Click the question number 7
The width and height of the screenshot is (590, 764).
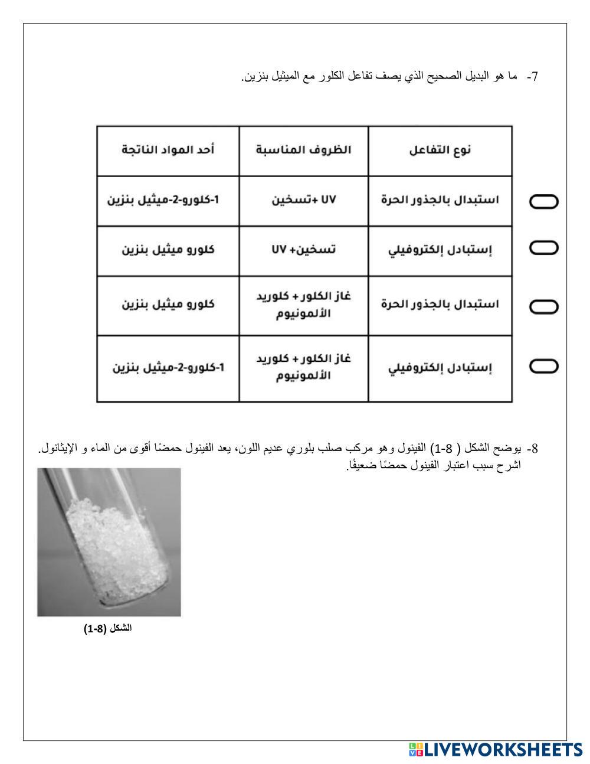[533, 77]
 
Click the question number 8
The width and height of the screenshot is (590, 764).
[533, 449]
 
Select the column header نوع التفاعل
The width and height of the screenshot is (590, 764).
[440, 150]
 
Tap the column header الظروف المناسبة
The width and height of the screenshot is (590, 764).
[303, 150]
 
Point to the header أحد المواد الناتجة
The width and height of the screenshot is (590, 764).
[168, 150]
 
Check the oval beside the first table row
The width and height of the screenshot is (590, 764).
[543, 202]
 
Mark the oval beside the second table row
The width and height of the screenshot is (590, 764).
[543, 248]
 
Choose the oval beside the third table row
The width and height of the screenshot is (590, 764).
[543, 306]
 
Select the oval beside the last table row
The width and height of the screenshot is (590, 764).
[543, 367]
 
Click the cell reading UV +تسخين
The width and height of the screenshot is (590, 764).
[303, 200]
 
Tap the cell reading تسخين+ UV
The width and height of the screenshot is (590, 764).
[303, 250]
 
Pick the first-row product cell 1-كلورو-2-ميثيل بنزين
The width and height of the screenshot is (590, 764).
[163, 200]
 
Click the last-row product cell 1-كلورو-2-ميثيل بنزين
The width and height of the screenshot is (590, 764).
[169, 368]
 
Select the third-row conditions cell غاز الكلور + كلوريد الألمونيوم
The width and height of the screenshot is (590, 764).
[303, 305]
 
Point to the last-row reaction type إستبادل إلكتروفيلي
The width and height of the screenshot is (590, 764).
[440, 368]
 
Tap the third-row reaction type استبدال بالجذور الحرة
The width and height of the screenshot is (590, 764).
[440, 305]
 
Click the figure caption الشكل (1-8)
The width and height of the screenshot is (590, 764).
[108, 629]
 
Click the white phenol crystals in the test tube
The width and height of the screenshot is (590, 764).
[112, 537]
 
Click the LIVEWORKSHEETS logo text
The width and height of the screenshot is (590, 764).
[502, 749]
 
